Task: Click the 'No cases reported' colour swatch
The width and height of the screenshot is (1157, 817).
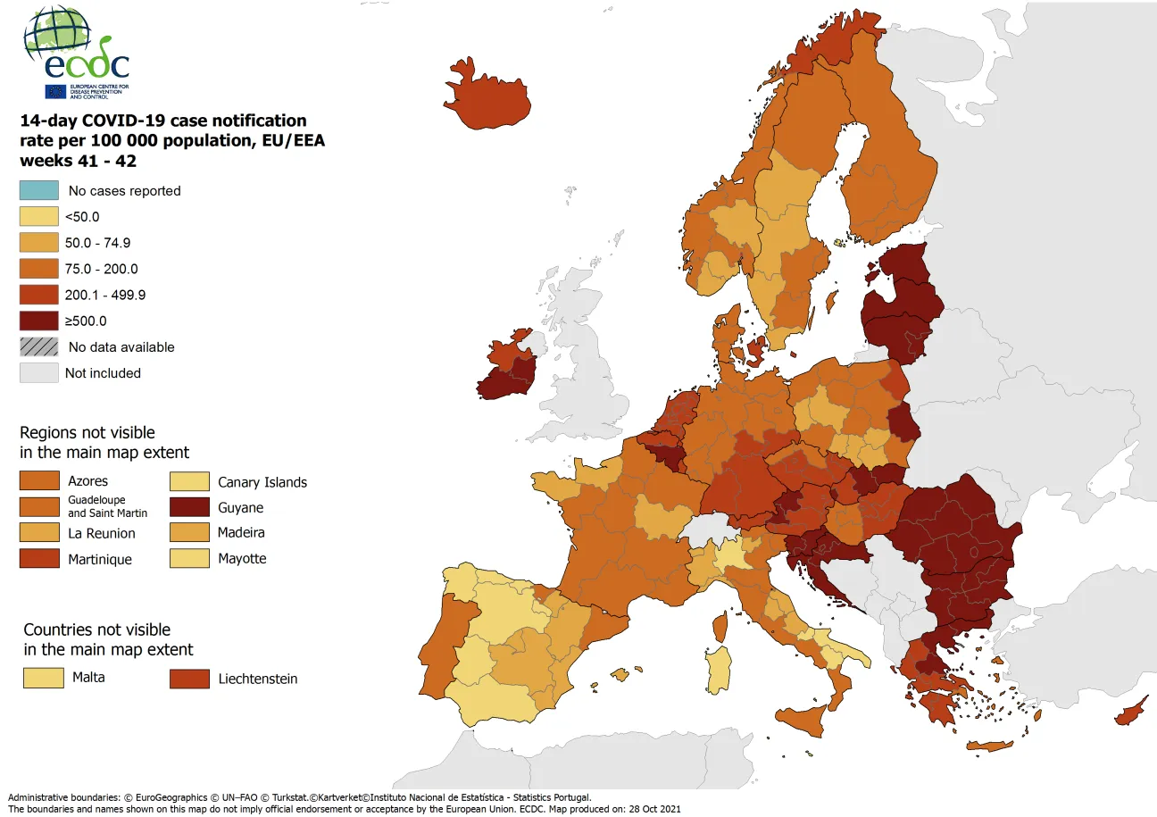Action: [x=39, y=190]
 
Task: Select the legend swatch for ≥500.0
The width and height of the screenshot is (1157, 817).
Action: [x=39, y=321]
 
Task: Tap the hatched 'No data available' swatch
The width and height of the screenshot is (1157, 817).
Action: [x=39, y=346]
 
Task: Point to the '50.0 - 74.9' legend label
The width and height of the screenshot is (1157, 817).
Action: [x=98, y=243]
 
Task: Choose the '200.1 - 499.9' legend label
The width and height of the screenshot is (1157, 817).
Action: [x=104, y=295]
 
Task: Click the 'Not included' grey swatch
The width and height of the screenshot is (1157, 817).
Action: [x=39, y=373]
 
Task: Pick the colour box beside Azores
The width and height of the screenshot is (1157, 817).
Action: [x=39, y=481]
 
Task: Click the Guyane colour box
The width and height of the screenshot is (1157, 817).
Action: [x=189, y=507]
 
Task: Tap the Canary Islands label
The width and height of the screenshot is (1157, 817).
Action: [x=262, y=482]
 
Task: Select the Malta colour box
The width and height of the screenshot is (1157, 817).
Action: [x=44, y=678]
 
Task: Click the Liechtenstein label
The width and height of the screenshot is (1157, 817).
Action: [x=258, y=679]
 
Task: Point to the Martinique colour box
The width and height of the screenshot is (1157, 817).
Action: [x=39, y=559]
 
